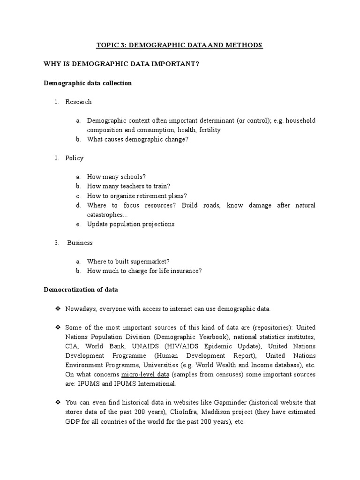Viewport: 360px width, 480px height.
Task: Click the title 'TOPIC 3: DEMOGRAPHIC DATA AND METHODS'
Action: pyautogui.click(x=180, y=45)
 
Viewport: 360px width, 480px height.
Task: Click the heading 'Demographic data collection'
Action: pyautogui.click(x=88, y=83)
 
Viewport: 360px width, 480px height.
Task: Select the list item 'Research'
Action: pyautogui.click(x=78, y=102)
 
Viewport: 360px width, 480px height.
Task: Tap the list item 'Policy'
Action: pyautogui.click(x=75, y=158)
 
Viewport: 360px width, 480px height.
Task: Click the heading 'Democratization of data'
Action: pyautogui.click(x=81, y=290)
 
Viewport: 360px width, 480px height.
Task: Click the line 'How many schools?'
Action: pyautogui.click(x=116, y=177)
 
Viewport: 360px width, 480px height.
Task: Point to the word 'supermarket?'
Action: pyautogui.click(x=150, y=262)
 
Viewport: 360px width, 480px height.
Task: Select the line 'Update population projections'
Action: pyautogui.click(x=130, y=224)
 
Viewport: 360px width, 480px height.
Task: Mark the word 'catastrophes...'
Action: pyautogui.click(x=106, y=215)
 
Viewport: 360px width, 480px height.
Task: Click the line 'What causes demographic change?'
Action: pyautogui.click(x=137, y=139)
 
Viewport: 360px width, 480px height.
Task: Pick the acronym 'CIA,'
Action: pyautogui.click(x=72, y=346)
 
